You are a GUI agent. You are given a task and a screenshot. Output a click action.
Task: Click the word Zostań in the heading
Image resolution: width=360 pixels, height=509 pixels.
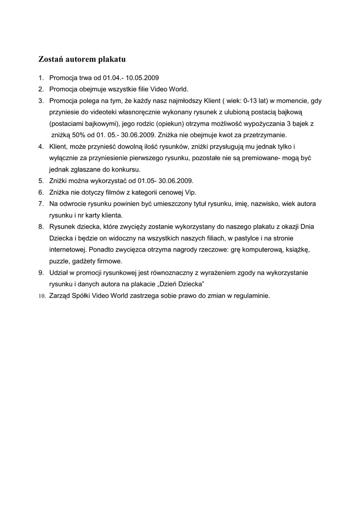click(x=52, y=60)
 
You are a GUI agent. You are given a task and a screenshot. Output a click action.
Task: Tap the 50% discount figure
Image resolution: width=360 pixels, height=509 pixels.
click(x=79, y=135)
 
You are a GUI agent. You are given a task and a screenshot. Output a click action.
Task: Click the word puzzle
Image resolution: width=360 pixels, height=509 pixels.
click(x=59, y=261)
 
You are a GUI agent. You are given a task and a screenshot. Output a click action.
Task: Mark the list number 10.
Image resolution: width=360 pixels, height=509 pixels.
click(x=42, y=296)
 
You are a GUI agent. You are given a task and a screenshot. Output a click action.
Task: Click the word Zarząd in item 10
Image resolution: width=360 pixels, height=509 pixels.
click(x=61, y=295)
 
